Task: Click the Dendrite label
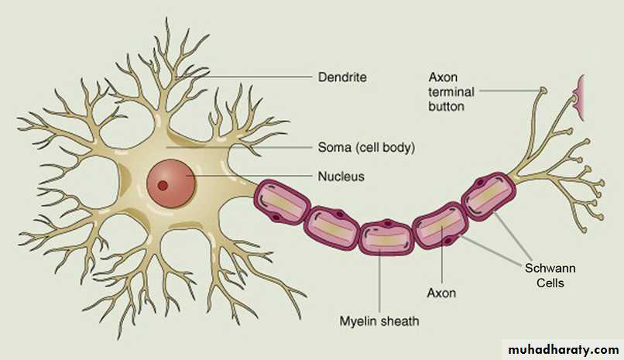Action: point(342,77)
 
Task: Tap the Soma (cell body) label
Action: point(366,148)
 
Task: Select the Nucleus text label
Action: point(341,177)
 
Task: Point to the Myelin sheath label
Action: point(379,321)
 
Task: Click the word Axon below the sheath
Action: point(441,293)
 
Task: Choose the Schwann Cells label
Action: point(550,276)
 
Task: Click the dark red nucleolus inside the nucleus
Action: point(163,185)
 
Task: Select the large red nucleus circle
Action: point(171,183)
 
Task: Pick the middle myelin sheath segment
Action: point(386,236)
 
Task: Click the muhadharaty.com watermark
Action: point(563,350)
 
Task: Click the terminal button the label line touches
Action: point(543,91)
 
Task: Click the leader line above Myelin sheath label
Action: point(379,280)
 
